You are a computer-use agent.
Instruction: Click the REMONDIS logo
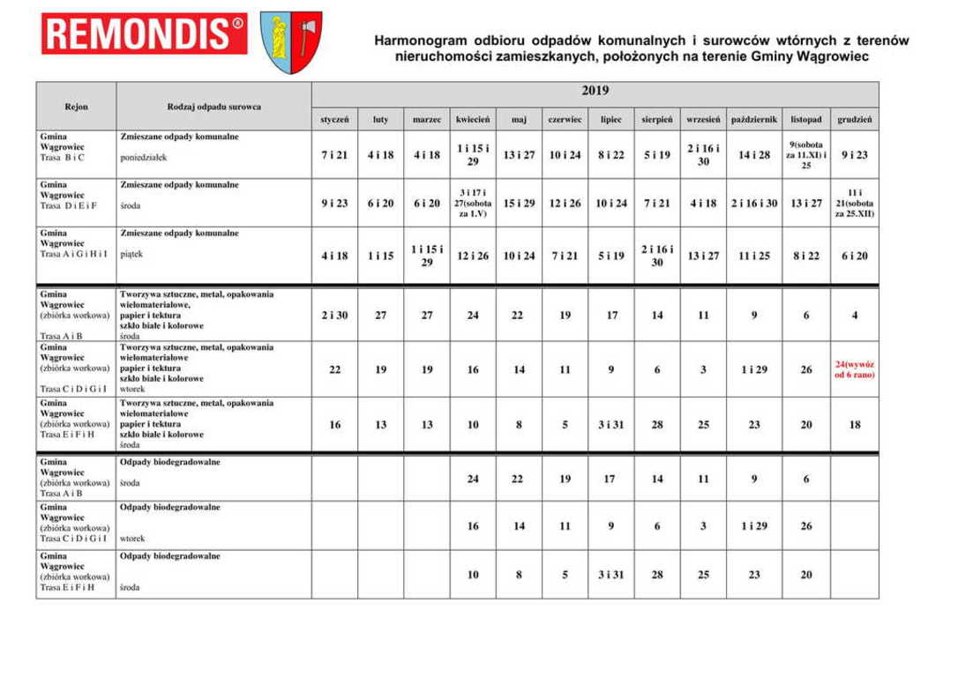(144, 33)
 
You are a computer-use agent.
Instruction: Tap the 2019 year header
(595, 91)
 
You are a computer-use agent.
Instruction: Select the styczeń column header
(334, 119)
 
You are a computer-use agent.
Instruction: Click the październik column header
(753, 119)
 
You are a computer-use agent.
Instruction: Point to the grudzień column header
(854, 119)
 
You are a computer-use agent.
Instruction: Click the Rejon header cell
(76, 107)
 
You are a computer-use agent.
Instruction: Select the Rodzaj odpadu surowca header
(213, 107)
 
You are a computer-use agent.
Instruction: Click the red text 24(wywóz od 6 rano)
(854, 369)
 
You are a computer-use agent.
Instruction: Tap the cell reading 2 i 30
(334, 315)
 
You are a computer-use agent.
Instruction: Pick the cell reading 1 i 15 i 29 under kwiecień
(473, 155)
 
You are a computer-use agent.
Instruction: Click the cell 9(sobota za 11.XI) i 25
(805, 154)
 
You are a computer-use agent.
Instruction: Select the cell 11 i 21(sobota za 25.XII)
(854, 203)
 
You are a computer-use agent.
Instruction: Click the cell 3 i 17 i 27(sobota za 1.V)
(473, 203)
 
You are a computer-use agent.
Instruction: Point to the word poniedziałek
(144, 160)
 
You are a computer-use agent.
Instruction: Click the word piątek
(131, 254)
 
